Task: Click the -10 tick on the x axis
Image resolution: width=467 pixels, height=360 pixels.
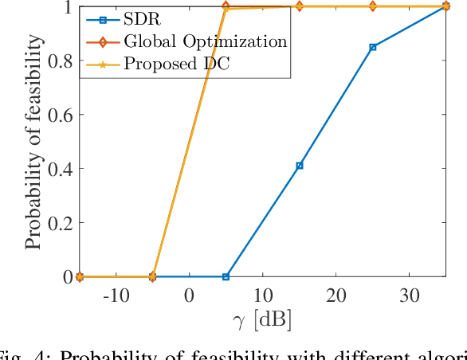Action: point(116,295)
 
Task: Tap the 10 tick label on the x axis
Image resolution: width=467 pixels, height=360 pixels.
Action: point(262,295)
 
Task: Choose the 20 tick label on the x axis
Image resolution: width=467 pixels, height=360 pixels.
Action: point(336,295)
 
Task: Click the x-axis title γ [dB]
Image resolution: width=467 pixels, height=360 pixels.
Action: point(262,320)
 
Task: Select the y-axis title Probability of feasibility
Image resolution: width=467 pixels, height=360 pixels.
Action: point(33,142)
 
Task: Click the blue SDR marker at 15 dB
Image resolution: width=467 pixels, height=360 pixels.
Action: point(299,166)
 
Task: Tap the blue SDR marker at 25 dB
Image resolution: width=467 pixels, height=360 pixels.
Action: point(372,47)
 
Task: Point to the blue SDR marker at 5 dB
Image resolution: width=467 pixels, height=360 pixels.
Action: point(226,276)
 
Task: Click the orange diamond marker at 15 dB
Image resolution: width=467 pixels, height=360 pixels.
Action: point(299,6)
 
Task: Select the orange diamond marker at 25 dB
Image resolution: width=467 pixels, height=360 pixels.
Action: point(372,6)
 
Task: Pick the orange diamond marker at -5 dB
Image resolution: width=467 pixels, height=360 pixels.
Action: point(153,276)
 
